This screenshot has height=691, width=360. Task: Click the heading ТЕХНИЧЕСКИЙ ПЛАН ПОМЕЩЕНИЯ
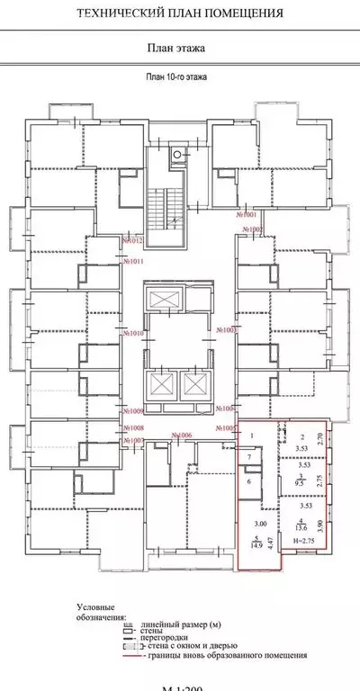(x=180, y=13)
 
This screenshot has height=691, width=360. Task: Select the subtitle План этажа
(x=180, y=52)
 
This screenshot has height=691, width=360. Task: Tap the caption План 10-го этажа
(x=181, y=78)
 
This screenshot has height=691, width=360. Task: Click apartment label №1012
(x=133, y=240)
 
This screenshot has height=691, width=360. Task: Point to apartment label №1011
(x=133, y=262)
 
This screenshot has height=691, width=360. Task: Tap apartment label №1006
(x=184, y=435)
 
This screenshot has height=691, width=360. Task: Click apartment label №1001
(x=247, y=216)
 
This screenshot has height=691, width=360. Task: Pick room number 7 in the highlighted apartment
(x=249, y=458)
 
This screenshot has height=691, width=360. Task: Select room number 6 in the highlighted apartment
(x=249, y=482)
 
